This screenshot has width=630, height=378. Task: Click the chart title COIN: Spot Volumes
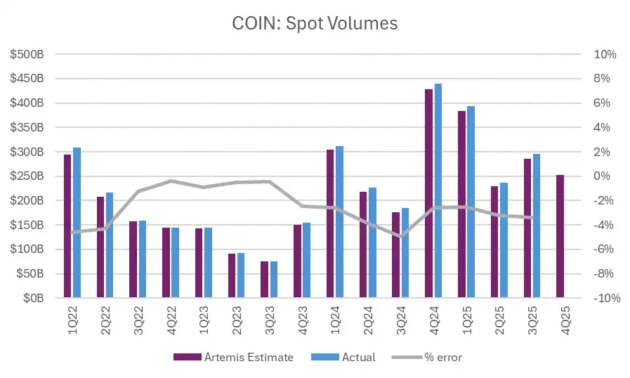(x=315, y=23)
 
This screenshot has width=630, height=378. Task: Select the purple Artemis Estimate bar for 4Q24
(x=428, y=193)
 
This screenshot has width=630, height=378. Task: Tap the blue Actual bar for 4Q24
(x=438, y=190)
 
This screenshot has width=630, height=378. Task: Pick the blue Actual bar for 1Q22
(x=77, y=223)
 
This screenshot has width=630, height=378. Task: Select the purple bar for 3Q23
(x=264, y=280)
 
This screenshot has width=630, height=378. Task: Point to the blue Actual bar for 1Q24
(x=340, y=222)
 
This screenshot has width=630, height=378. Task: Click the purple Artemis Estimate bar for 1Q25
(x=461, y=204)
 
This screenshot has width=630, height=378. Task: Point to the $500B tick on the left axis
(x=27, y=54)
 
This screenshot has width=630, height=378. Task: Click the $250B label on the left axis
(x=27, y=176)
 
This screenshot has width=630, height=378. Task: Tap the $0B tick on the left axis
(x=32, y=298)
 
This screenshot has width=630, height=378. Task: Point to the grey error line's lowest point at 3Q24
(x=400, y=237)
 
